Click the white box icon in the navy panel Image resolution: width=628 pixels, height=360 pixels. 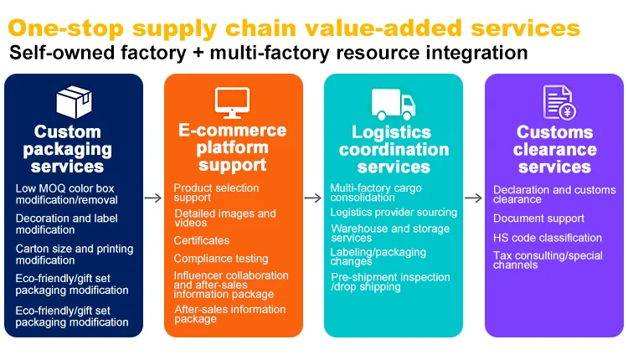click(74, 102)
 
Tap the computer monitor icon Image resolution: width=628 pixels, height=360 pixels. click(232, 103)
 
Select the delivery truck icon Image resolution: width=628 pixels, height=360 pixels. click(394, 104)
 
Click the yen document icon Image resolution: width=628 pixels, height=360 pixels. click(559, 102)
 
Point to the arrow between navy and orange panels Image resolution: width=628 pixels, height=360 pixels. click(153, 198)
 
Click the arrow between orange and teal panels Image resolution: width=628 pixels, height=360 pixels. click(313, 198)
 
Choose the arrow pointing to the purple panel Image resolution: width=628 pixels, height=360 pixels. click(473, 198)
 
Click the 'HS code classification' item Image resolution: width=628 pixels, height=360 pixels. click(547, 238)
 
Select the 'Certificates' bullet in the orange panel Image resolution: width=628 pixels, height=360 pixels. click(202, 240)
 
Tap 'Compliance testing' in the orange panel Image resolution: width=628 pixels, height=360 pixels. click(221, 259)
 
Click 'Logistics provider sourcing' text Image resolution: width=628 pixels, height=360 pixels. click(394, 213)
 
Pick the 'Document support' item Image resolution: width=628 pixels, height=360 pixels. click(538, 219)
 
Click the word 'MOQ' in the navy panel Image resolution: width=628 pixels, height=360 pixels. click(54, 188)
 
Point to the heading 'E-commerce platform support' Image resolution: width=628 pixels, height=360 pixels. click(232, 147)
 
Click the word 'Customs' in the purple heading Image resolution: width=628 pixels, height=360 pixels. click(554, 131)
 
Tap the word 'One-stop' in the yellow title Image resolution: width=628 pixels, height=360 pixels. click(66, 28)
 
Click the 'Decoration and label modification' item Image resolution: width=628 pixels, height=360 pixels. click(66, 224)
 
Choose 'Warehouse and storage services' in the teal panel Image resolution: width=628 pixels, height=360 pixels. click(390, 233)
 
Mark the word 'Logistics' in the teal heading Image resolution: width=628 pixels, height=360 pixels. click(391, 132)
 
